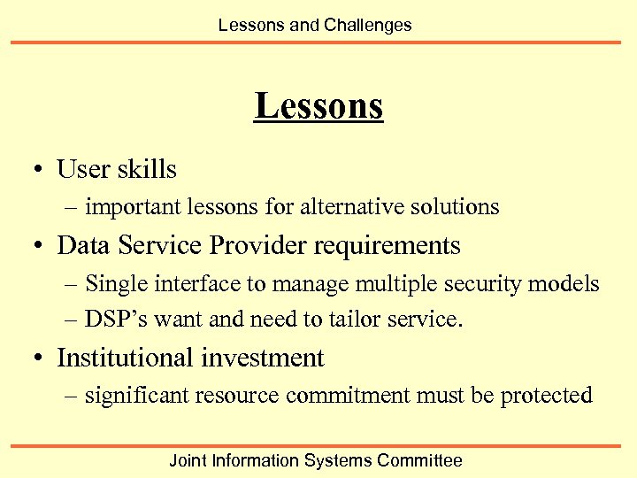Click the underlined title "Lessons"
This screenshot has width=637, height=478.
(x=318, y=106)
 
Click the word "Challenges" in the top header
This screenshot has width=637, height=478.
(x=368, y=25)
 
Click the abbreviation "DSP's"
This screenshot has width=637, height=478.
(x=114, y=319)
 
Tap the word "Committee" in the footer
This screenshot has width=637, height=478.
(x=419, y=460)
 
